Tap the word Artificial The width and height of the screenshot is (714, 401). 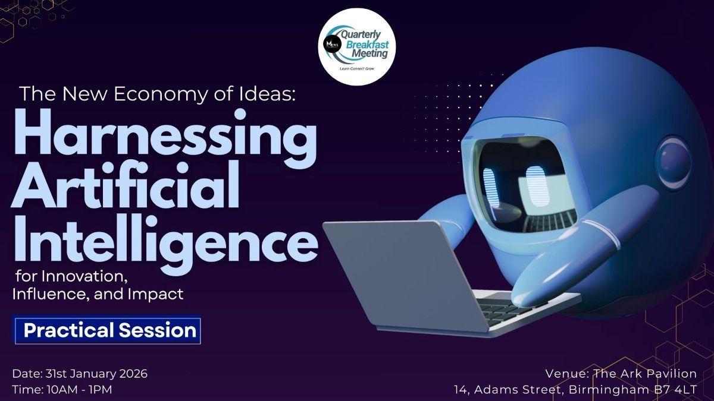126,185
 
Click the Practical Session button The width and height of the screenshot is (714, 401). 107,330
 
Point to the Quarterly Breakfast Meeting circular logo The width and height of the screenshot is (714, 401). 357,47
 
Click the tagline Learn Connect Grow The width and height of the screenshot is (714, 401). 357,69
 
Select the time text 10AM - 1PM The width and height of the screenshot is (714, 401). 79,390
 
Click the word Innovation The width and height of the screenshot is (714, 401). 84,276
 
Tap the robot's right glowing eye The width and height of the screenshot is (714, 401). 537,187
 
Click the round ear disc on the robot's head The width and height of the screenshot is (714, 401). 673,163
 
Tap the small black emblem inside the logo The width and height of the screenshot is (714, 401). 330,43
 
